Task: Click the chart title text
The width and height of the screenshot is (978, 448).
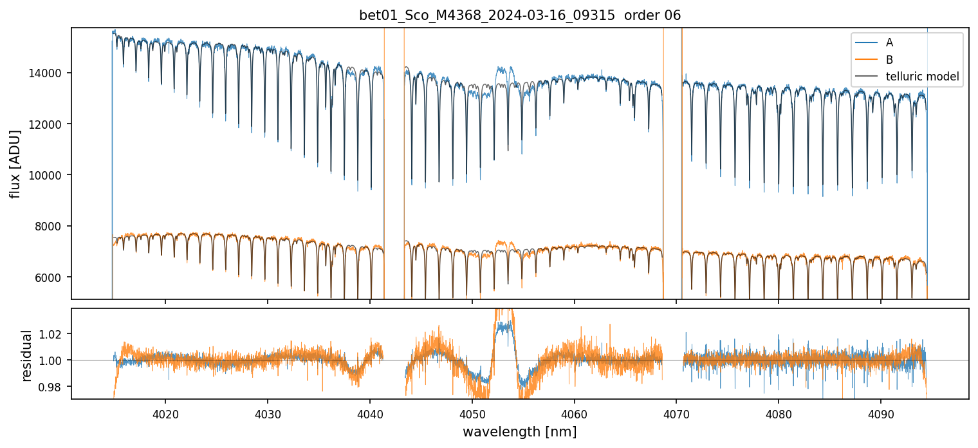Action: coord(520,15)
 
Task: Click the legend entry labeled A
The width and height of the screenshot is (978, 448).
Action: coord(889,42)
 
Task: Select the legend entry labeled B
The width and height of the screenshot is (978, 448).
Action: coord(889,60)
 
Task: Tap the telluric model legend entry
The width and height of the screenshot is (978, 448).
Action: coord(922,77)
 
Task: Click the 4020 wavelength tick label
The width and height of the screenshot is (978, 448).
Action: coord(165,413)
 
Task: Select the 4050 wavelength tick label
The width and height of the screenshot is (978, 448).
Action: coord(472,413)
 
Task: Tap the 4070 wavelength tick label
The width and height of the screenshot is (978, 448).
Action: coord(676,413)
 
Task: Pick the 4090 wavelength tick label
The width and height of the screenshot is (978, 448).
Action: coord(881,413)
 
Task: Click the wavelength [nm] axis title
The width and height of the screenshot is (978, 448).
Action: coord(519,431)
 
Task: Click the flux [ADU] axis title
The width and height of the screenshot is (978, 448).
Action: coord(15,163)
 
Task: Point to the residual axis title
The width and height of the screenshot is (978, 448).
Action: coord(27,355)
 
